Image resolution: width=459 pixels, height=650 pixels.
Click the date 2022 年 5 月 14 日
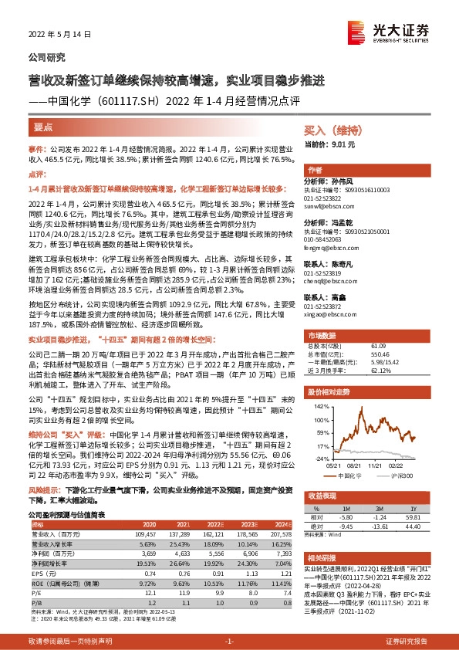(x=59, y=35)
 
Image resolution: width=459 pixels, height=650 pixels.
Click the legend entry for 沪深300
(x=401, y=476)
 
